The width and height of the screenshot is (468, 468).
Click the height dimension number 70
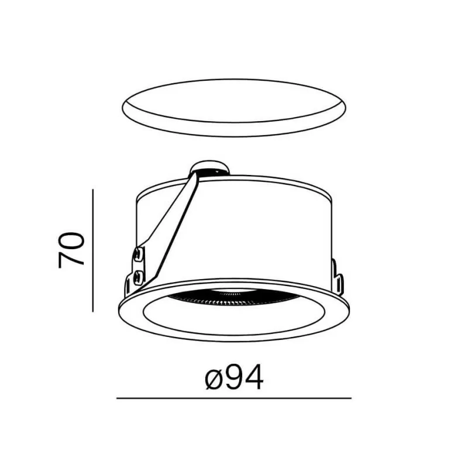coord(71,250)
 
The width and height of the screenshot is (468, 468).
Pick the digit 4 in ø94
coord(254,377)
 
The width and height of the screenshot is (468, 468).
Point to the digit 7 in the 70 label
coord(71,259)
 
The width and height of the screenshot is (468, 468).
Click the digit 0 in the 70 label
coord(71,240)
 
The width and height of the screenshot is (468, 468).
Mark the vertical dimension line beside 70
coord(93,250)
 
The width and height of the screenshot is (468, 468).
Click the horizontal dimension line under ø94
coord(233,398)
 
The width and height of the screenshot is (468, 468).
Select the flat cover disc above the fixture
coord(234,108)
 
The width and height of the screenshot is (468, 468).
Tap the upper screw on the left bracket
coord(138,254)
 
